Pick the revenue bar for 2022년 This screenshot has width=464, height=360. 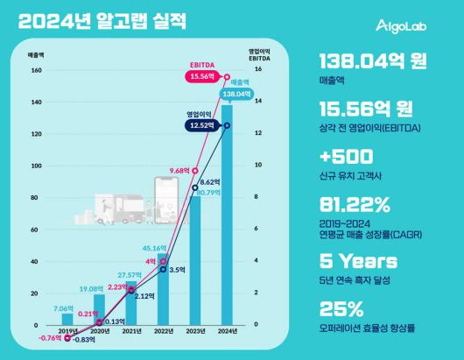[x=163, y=294]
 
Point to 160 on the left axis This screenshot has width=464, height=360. [x=38, y=70]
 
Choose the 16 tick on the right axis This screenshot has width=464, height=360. [x=256, y=70]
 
